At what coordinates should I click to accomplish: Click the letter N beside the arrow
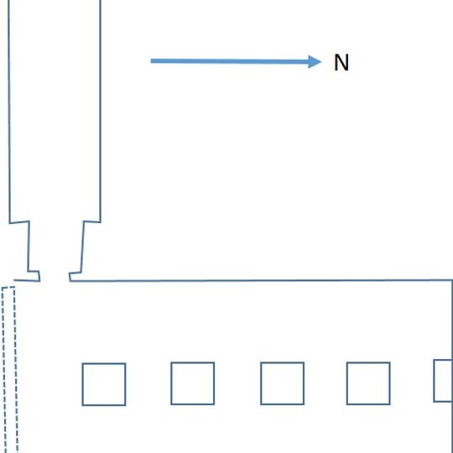coord(341,62)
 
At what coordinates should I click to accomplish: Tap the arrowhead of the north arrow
coord(315,61)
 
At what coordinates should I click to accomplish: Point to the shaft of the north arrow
coord(230,61)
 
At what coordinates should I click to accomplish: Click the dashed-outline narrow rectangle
coord(3,370)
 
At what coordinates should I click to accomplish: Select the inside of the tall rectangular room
coord(55,110)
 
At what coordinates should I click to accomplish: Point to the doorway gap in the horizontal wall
coord(55,280)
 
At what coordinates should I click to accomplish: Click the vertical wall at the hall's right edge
coord(452,320)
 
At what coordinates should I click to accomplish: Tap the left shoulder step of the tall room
coord(19,222)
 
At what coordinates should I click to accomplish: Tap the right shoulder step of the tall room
coord(92,221)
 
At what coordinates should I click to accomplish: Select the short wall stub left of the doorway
coord(27,280)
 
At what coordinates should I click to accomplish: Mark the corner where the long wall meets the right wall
coord(451,280)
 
